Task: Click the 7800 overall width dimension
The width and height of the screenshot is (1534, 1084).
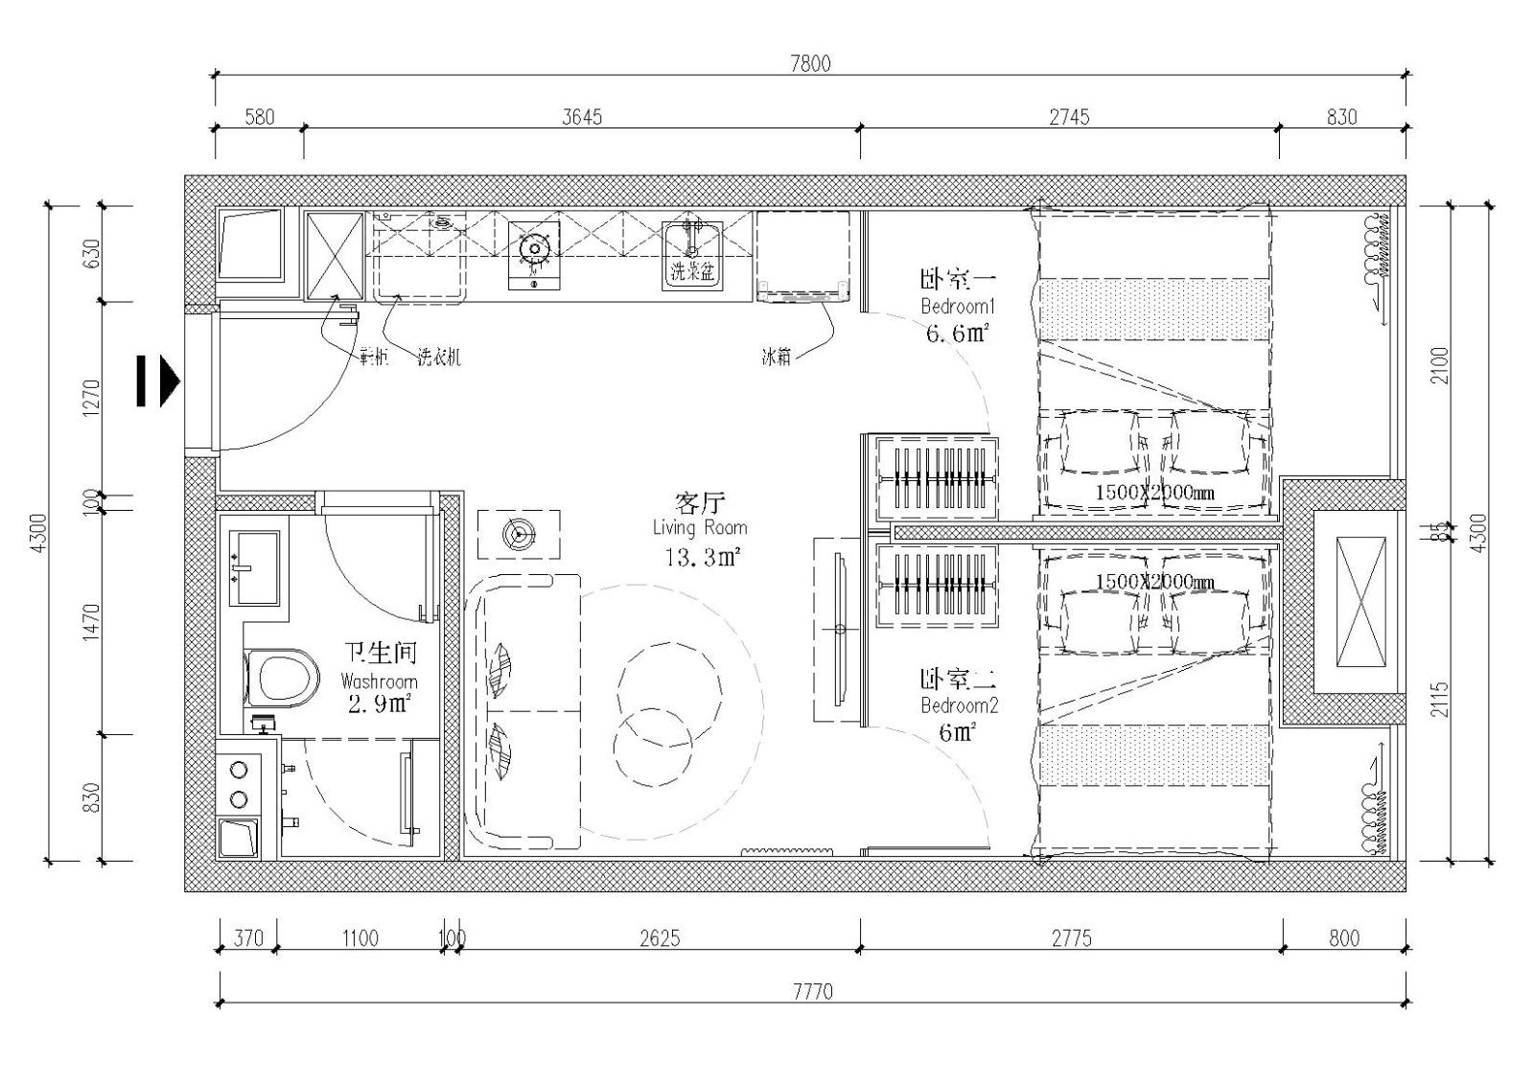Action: (x=810, y=63)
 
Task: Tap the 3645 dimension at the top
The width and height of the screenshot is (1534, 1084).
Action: (x=582, y=116)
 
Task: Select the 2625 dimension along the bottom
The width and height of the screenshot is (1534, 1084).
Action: (x=660, y=937)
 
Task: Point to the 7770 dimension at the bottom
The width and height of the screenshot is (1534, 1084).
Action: (x=813, y=990)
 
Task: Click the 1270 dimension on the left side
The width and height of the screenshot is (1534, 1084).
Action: (x=92, y=399)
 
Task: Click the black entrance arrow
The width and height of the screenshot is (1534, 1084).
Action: (x=158, y=381)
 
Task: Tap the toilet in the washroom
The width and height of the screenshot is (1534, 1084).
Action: (x=282, y=678)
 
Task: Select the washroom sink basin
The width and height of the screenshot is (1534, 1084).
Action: (x=254, y=568)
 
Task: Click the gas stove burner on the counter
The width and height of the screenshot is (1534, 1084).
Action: (x=533, y=250)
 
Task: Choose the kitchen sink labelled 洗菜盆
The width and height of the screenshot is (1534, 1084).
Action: (x=692, y=255)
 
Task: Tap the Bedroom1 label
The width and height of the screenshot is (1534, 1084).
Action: (x=957, y=307)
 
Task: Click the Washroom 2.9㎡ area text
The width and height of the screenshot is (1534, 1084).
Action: (x=380, y=703)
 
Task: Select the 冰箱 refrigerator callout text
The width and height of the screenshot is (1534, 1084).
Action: (x=777, y=357)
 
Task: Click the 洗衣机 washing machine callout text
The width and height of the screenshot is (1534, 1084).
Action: (x=439, y=357)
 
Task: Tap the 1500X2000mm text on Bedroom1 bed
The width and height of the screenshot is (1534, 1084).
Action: (x=1154, y=493)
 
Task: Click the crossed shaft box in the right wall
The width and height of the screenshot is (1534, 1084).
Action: (x=1360, y=603)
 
